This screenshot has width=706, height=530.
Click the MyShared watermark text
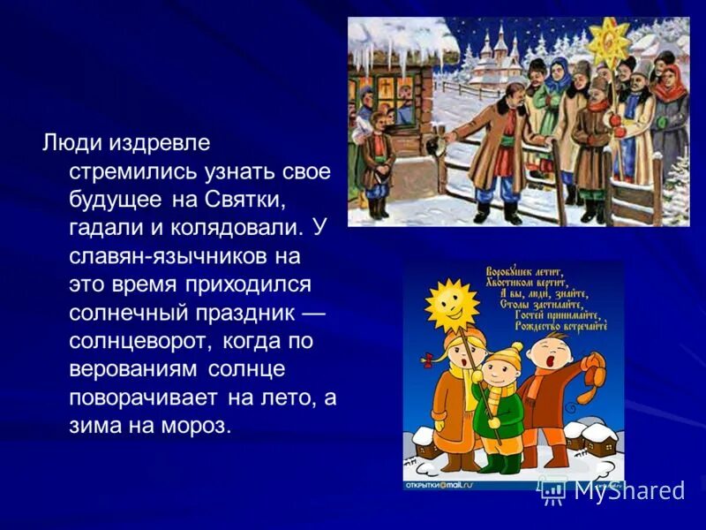tap(628, 491)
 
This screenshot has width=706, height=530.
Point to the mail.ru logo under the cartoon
tap(439, 485)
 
